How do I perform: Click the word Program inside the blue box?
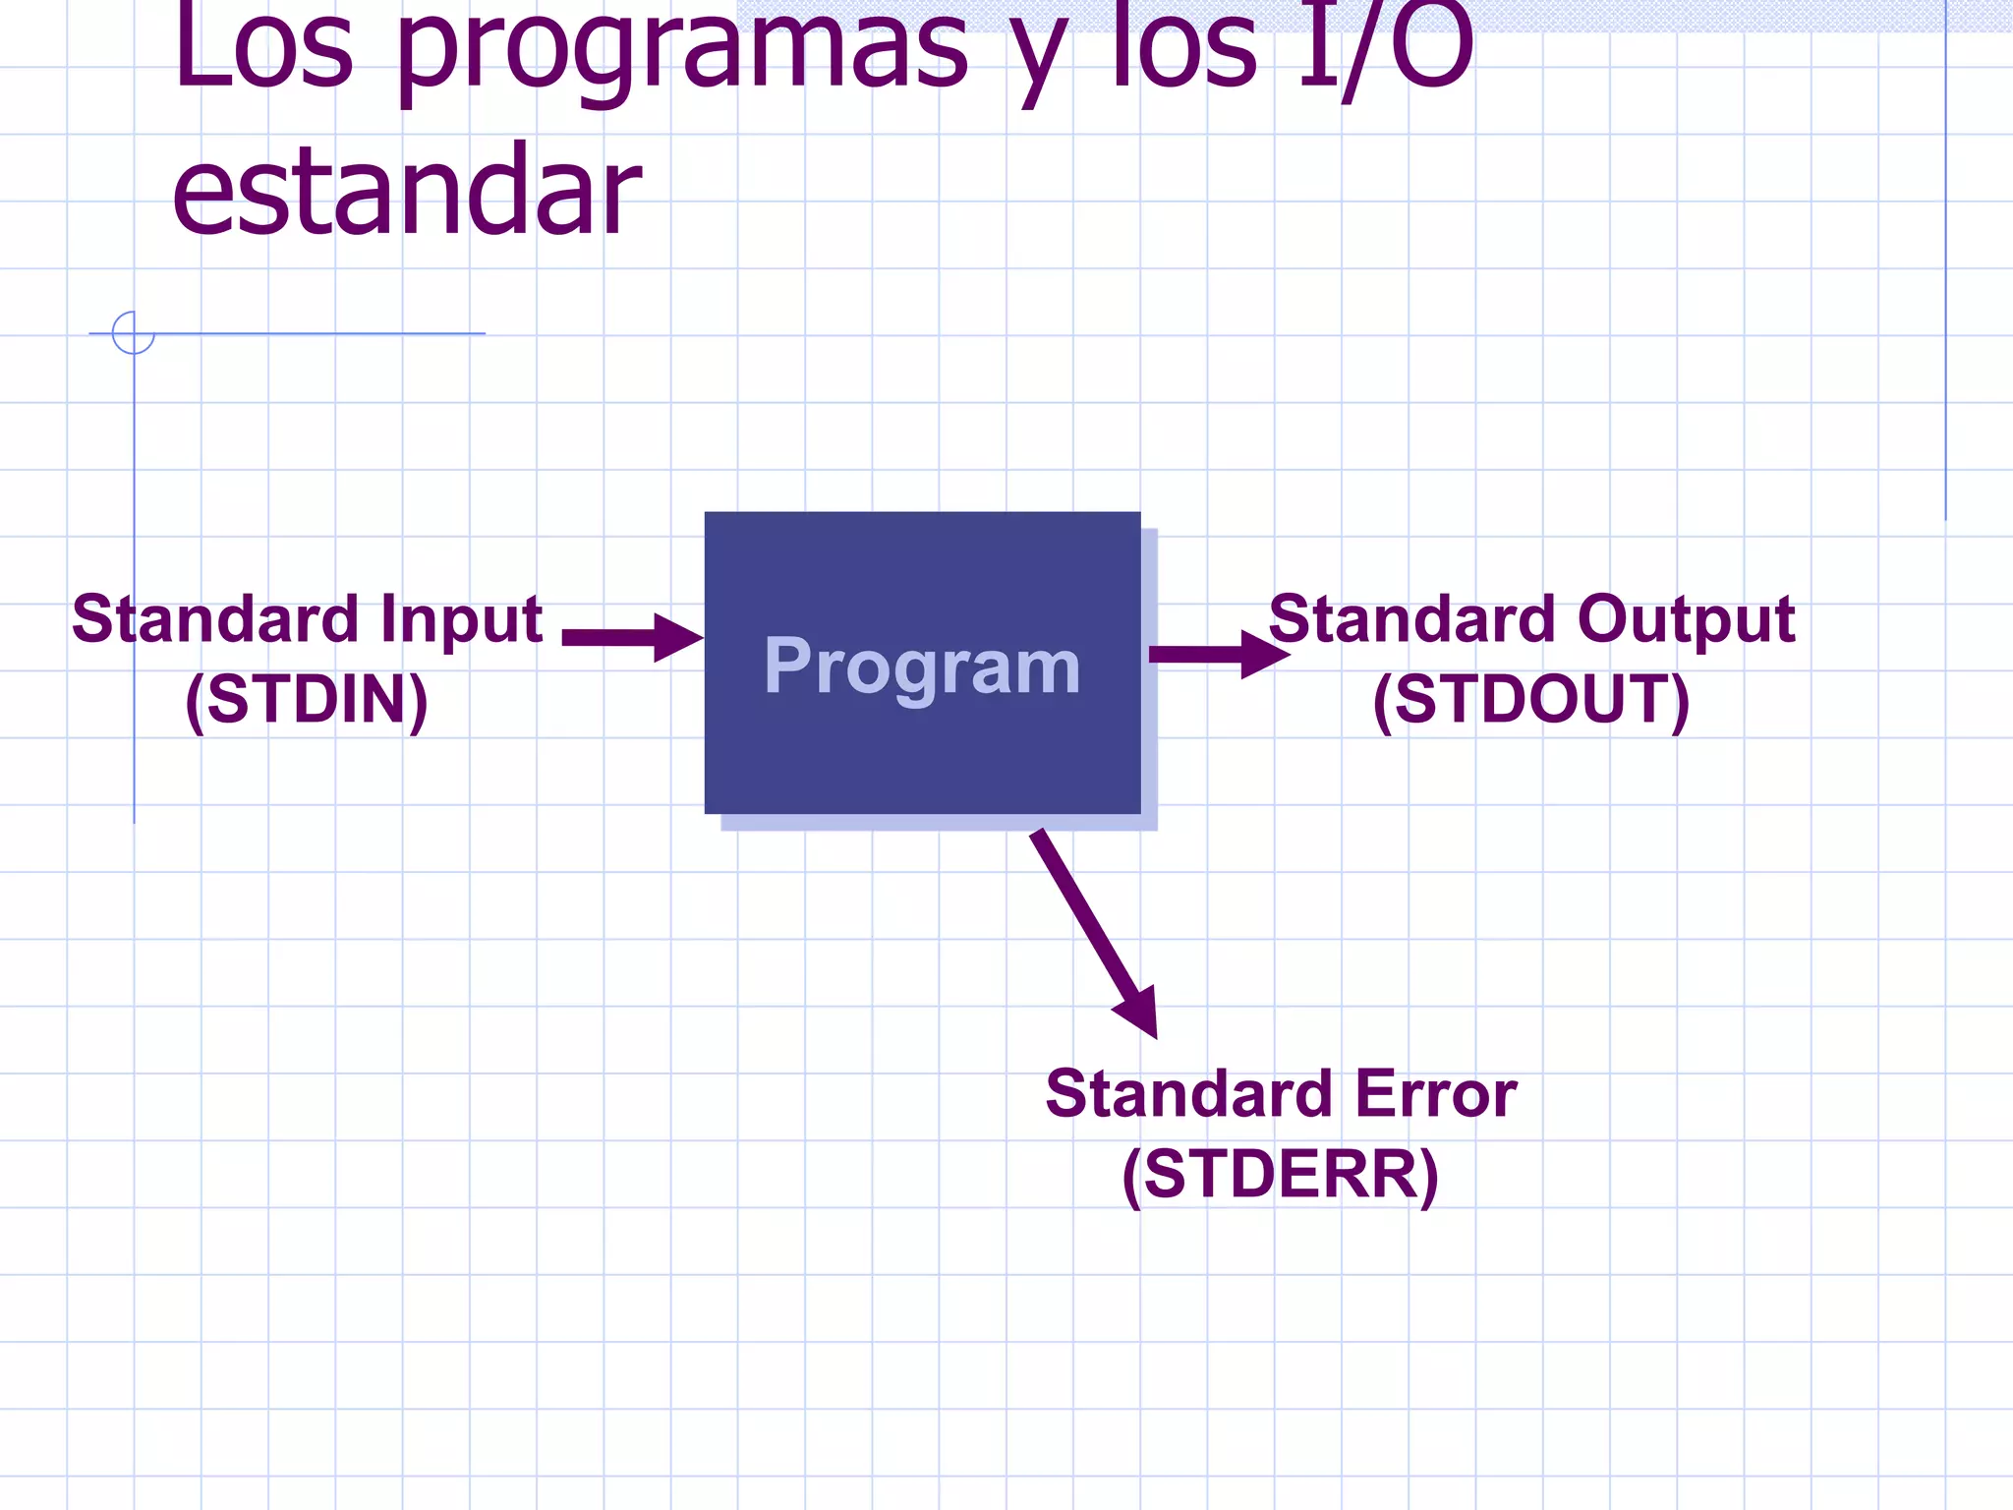click(922, 666)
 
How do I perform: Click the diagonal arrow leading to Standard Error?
click(1091, 929)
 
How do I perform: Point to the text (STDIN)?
click(307, 700)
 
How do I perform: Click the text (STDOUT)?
click(1530, 700)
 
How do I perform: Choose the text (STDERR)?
click(1280, 1174)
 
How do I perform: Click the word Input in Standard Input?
click(462, 621)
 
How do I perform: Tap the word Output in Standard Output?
click(1686, 619)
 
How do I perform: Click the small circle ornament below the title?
click(133, 332)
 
